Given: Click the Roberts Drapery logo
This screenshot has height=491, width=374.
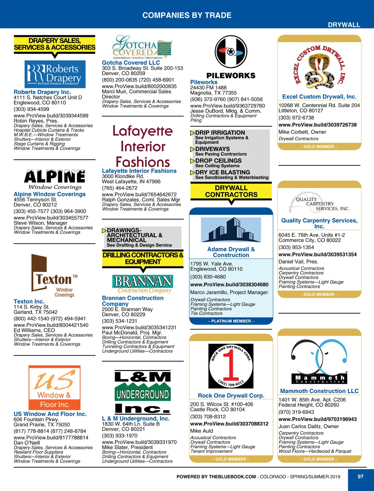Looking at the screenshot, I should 55,74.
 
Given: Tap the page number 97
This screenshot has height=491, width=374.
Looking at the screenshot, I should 361,476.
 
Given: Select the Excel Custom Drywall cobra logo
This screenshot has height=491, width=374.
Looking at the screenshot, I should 319,67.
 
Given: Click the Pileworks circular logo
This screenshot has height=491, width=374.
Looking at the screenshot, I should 231,51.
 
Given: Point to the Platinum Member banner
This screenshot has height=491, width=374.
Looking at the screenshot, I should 231,321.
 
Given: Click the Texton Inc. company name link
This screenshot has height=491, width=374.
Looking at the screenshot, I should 29,301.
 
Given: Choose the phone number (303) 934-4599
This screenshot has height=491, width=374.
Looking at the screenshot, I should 31,109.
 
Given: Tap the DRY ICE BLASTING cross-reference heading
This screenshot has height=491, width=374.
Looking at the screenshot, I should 223,172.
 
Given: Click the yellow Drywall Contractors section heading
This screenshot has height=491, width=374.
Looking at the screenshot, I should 231,191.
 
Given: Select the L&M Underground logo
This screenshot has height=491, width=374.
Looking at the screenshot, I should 143,392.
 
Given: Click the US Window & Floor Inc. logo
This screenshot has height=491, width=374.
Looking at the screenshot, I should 55,388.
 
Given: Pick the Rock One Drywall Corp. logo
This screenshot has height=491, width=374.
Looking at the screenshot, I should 231,365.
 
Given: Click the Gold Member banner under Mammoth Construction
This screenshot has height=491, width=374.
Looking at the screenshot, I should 319,459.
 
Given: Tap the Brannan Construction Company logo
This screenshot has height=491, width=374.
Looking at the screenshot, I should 143,284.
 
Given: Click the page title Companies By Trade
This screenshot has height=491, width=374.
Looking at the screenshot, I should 187,15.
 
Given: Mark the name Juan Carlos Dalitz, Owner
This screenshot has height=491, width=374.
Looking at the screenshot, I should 309,426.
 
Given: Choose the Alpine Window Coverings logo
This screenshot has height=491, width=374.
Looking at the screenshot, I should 55,180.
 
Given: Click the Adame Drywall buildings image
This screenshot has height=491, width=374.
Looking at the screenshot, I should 231,230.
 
